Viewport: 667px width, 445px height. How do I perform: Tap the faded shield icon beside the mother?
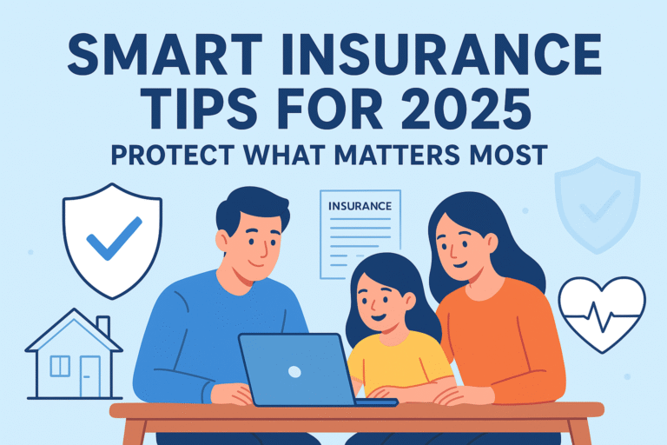coord(597,203)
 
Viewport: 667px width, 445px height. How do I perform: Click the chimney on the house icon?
coord(103,326)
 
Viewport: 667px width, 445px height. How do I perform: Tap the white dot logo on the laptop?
coord(294,371)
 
